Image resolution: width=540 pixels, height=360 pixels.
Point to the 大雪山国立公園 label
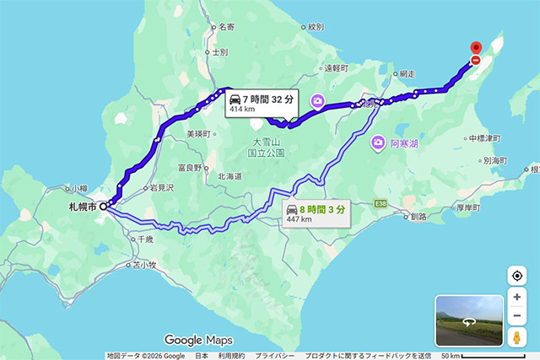coord(268,148)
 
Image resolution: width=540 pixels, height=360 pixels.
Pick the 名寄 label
coord(225,27)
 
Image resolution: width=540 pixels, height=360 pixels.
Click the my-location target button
coord(516,277)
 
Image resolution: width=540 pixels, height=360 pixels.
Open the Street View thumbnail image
coord(468,320)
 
